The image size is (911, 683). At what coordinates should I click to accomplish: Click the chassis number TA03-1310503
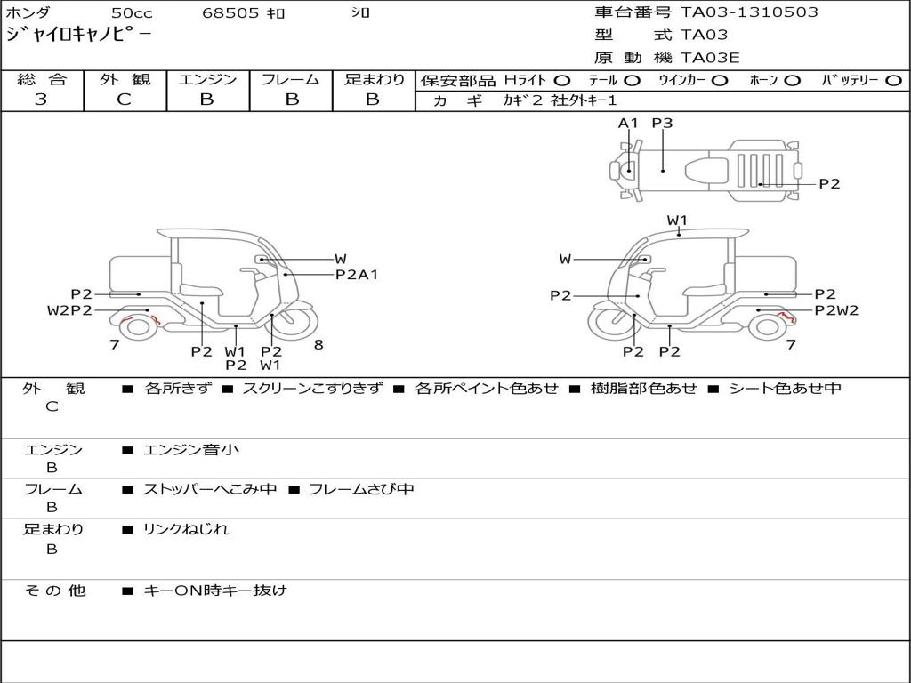point(749,12)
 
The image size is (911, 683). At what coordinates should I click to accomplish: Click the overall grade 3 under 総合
point(41,100)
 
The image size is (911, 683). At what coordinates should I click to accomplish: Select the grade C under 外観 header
point(124,100)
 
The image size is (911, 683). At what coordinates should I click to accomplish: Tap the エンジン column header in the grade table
point(207,79)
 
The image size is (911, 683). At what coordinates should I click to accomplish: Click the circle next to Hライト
point(561,81)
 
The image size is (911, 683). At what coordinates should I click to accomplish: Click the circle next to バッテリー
point(893,81)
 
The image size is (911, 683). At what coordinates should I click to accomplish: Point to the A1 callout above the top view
point(627,123)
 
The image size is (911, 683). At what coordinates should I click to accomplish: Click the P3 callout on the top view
point(662,123)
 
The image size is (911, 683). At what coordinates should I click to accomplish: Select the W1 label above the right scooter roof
point(677,221)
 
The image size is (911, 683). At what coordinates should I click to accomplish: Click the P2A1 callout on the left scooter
point(357,275)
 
